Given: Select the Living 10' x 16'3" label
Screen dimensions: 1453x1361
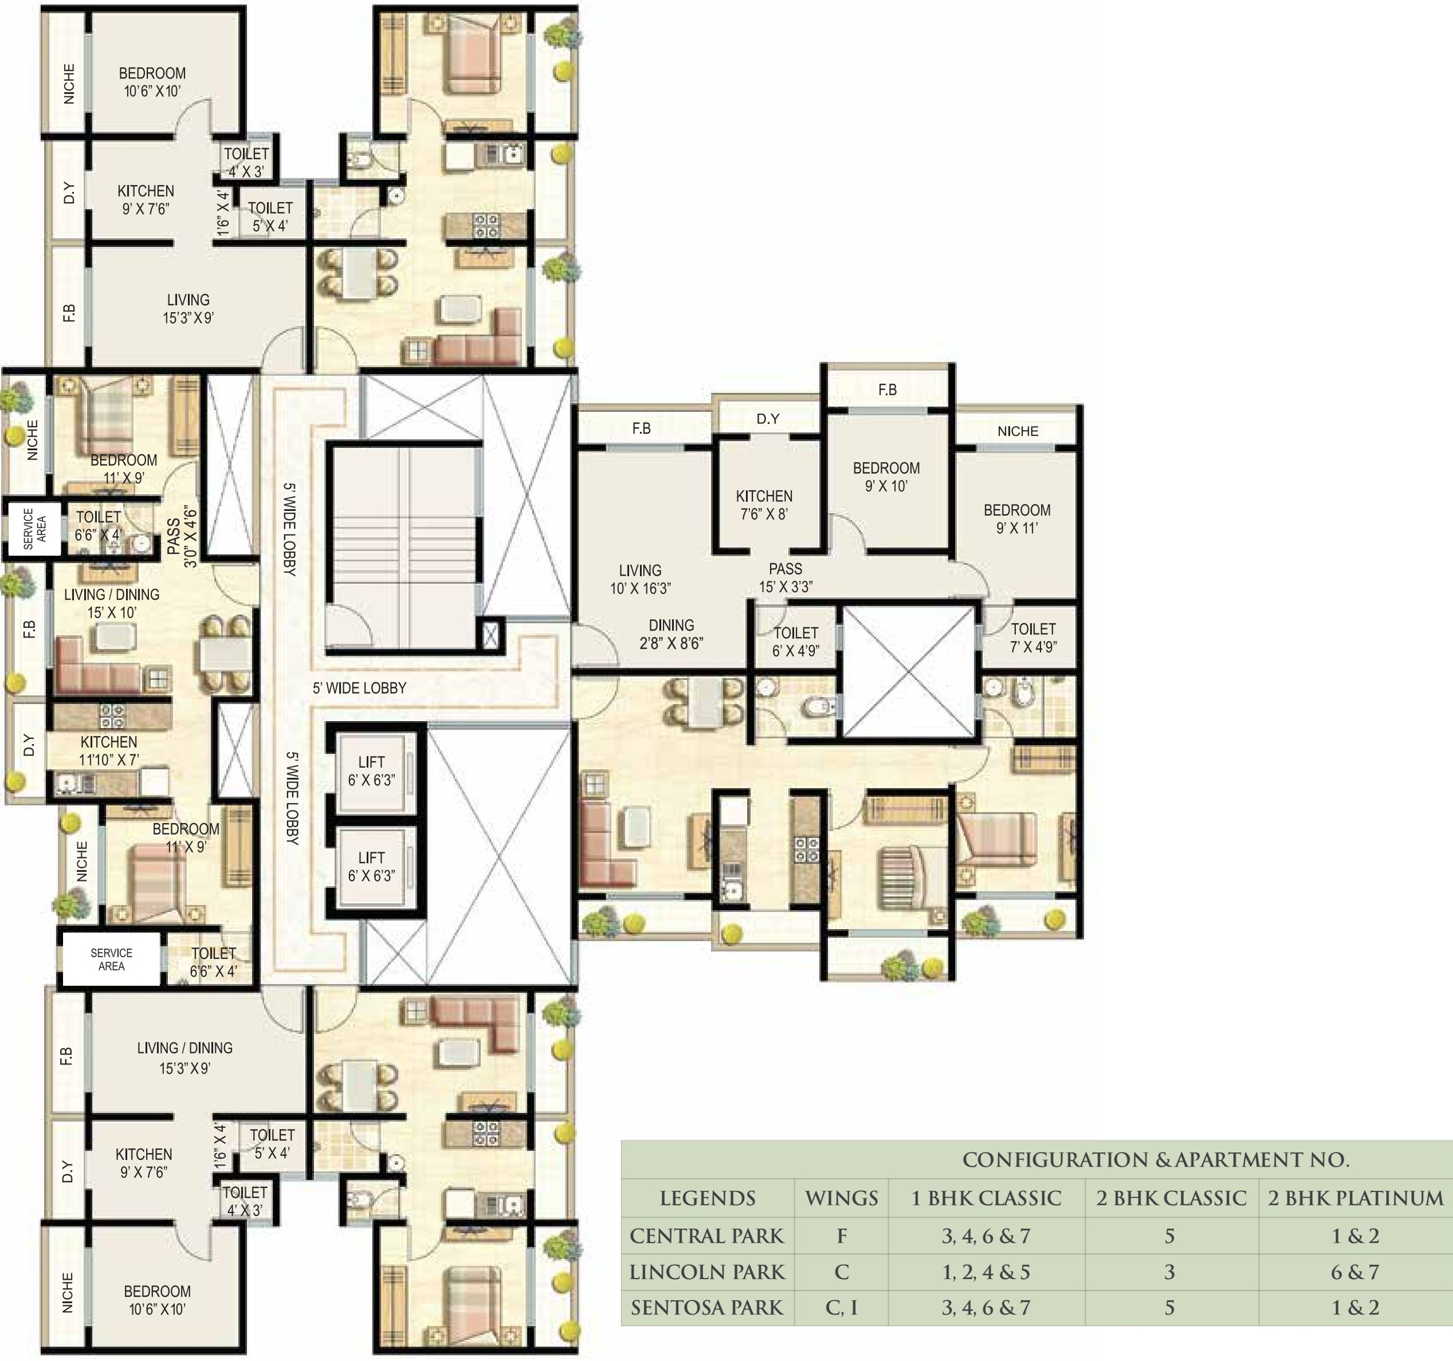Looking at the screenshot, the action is point(640,579).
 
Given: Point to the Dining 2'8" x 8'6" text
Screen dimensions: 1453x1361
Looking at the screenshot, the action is point(671,635).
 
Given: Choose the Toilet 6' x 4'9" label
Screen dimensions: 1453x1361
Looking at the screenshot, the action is point(796,642).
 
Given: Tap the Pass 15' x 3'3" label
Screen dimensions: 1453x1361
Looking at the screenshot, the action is point(785,577).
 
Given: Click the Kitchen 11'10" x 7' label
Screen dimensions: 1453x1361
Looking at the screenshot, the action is point(109,751).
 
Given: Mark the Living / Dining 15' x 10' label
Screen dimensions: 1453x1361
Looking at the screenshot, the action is point(112,604).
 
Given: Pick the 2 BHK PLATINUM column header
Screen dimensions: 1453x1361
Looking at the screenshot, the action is point(1356,1198).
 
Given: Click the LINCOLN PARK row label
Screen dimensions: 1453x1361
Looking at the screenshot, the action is point(707,1272).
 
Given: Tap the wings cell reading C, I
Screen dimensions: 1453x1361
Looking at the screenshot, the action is point(841,1307).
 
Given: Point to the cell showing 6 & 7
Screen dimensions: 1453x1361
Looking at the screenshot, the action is point(1355,1273).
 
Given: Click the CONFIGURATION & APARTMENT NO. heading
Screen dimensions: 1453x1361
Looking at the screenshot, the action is point(1155,1160).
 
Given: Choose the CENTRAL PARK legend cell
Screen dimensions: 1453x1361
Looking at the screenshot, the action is point(707,1236).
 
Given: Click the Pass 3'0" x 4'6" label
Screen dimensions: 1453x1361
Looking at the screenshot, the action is point(182,537).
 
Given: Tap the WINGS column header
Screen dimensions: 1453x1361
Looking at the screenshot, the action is point(841,1198).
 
